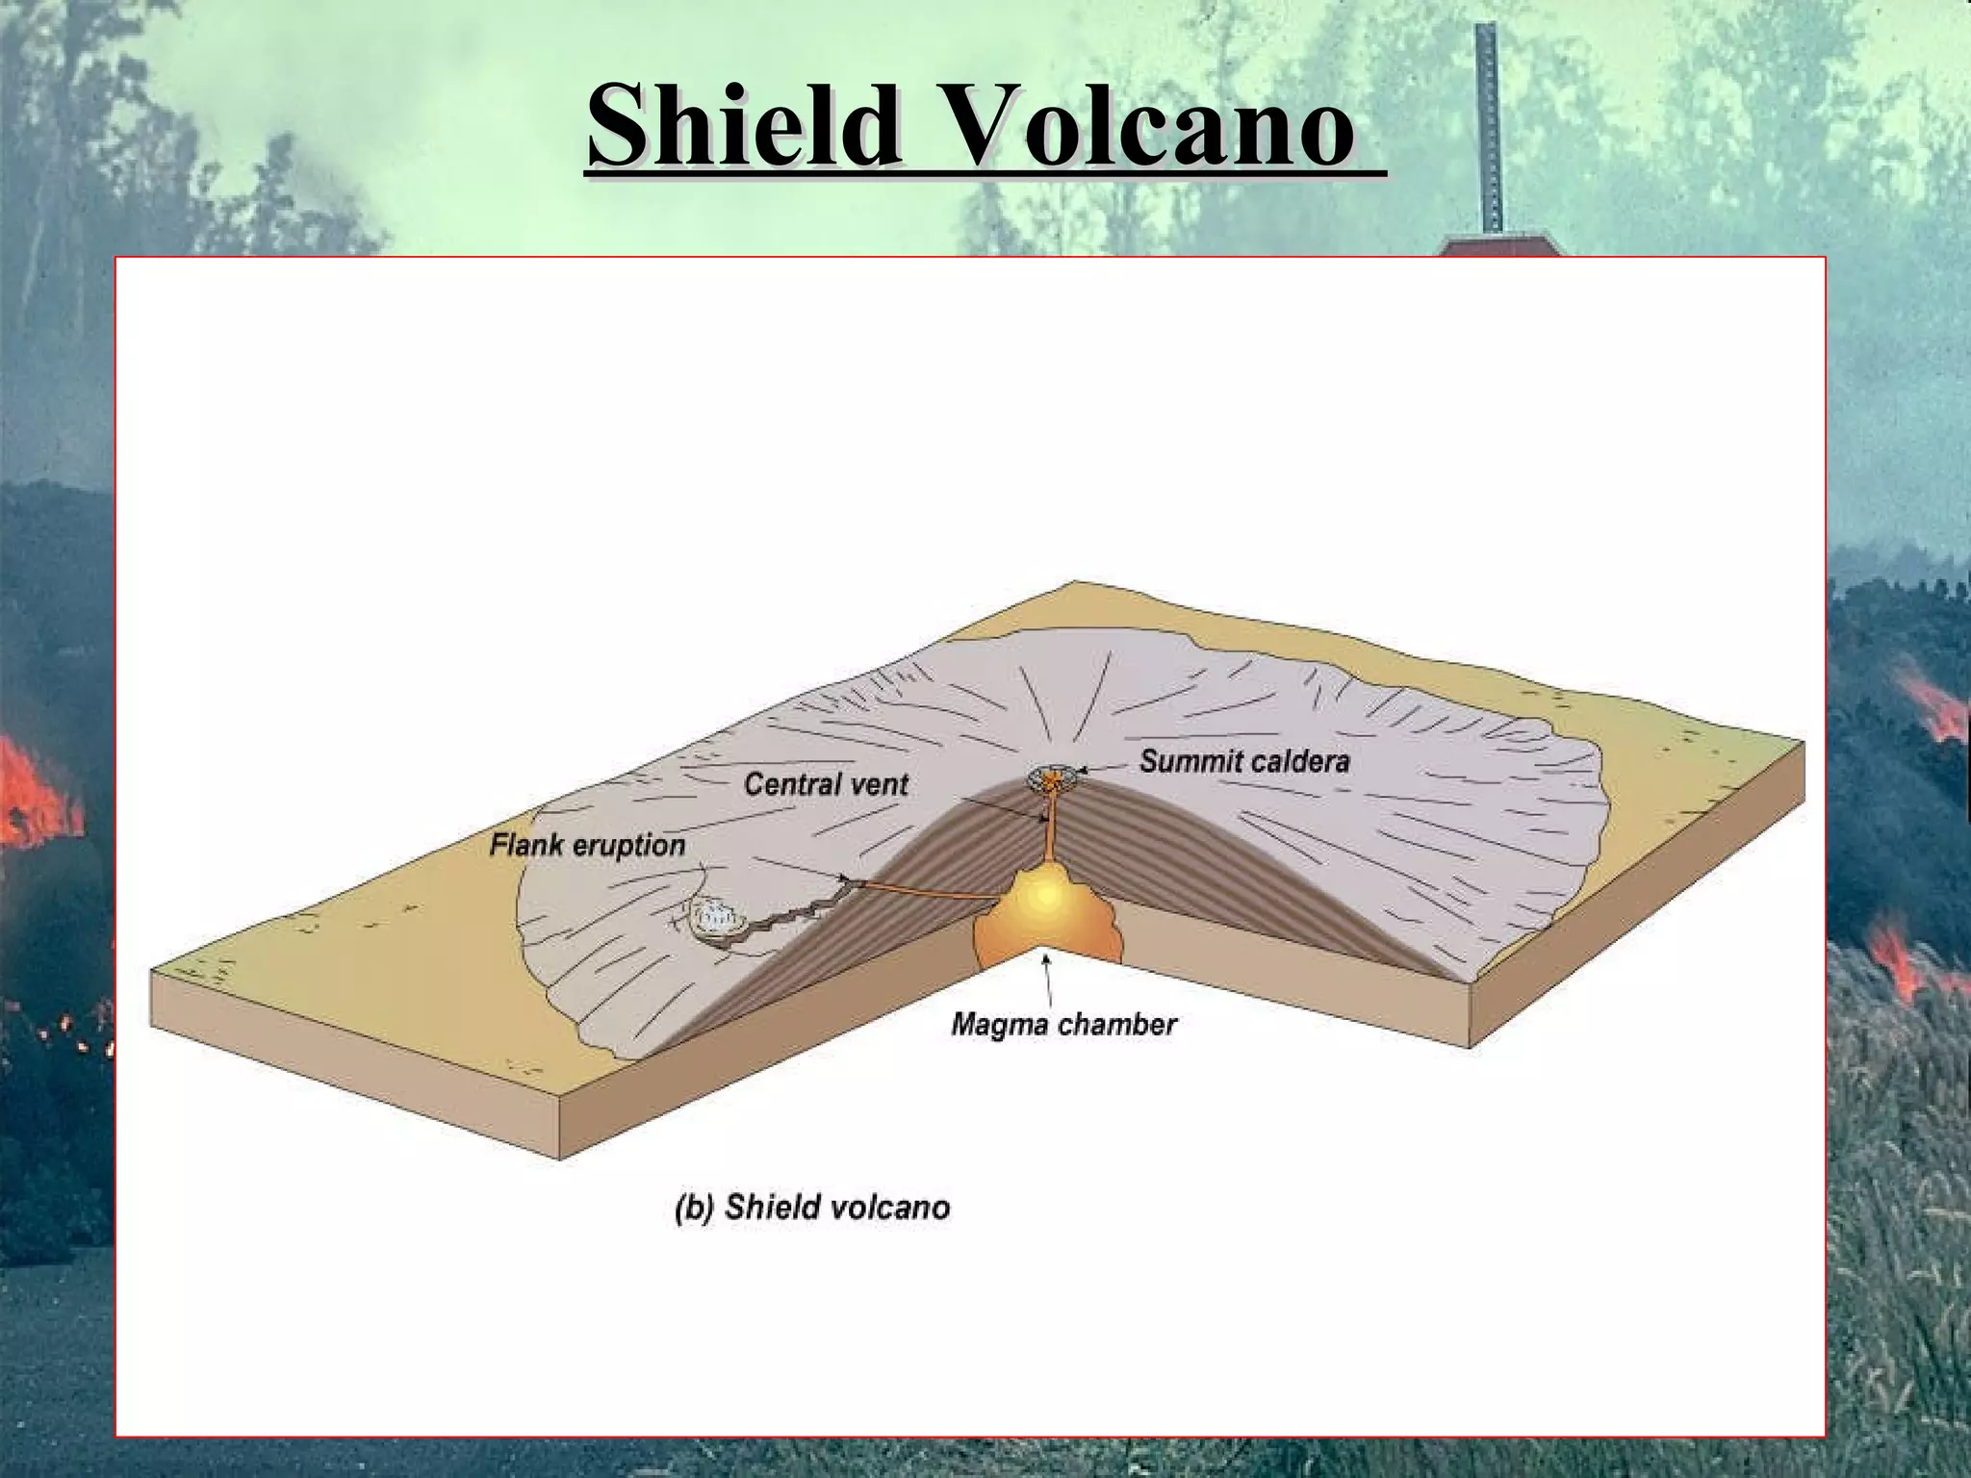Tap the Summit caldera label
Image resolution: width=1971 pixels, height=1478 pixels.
click(x=1244, y=761)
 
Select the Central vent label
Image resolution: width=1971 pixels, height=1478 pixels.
click(x=826, y=784)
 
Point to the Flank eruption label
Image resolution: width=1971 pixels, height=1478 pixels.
click(x=587, y=846)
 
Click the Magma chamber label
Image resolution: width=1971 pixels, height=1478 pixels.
click(x=1063, y=1024)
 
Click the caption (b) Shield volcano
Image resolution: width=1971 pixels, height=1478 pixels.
click(x=812, y=1207)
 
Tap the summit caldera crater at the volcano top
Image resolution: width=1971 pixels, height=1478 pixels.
click(x=1054, y=777)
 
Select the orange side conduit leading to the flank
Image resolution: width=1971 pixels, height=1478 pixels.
click(x=924, y=890)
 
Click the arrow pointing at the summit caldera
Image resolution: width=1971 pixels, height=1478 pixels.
click(x=1102, y=768)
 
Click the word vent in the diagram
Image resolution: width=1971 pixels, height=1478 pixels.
click(x=877, y=784)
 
